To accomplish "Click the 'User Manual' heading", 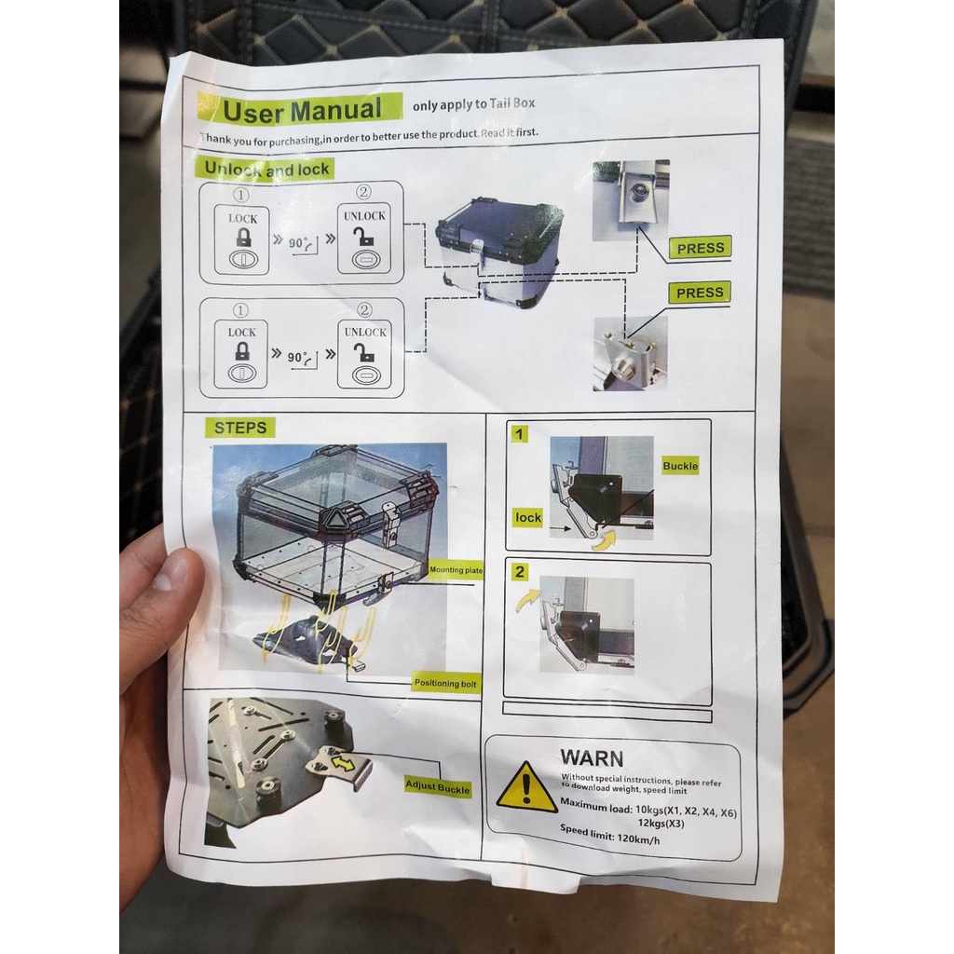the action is (x=303, y=110).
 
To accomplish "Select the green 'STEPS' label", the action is (x=239, y=428).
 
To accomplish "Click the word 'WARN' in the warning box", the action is (x=592, y=758).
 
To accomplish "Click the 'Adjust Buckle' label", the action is (x=438, y=786).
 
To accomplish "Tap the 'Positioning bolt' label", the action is (x=445, y=683).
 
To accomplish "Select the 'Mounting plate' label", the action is (x=456, y=570).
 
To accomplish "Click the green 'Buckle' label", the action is (x=680, y=466).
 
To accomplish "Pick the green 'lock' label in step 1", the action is (x=527, y=517).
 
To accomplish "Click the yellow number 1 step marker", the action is (x=519, y=434).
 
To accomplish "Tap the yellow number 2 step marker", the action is (x=519, y=572).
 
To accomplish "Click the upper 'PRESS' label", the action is (x=701, y=248).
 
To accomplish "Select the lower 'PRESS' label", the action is (x=700, y=293).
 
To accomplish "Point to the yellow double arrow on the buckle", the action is (x=343, y=762).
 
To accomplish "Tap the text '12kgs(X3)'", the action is (x=661, y=824).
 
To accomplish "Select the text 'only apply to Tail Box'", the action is (x=473, y=104).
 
